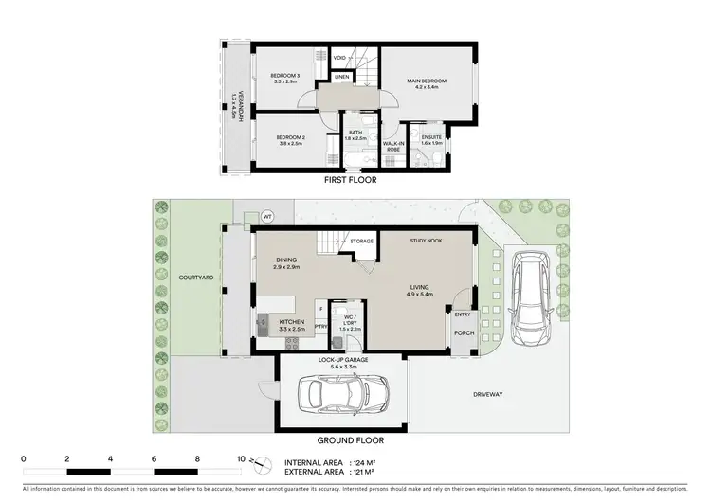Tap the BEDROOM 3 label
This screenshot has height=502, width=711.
(x=284, y=76)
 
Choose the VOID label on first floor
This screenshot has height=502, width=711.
(x=339, y=58)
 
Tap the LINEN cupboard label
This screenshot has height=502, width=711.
(x=341, y=77)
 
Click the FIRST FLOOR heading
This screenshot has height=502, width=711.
(x=350, y=179)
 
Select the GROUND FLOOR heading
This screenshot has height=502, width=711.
(x=351, y=439)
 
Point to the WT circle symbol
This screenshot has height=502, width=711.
(x=267, y=215)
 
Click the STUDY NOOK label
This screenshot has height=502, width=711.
(x=426, y=241)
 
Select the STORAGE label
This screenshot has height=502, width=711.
(x=360, y=242)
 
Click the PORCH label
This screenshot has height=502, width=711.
(x=463, y=332)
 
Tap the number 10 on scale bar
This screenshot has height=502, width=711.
(x=242, y=457)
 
